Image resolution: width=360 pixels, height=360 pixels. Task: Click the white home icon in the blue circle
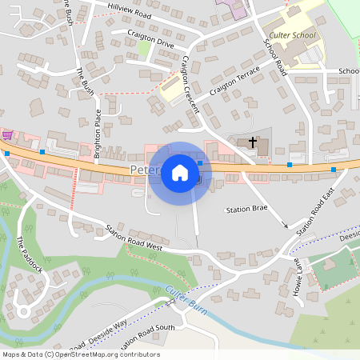point(180,173)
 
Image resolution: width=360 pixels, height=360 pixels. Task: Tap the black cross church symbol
point(253,142)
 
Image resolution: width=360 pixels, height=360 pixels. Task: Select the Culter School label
point(293,35)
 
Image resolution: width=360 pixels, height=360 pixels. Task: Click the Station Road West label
point(134,238)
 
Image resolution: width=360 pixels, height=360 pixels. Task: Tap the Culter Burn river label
point(186,299)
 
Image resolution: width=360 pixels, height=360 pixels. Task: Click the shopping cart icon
point(6,136)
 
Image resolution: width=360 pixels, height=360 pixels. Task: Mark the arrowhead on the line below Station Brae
point(285,226)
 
